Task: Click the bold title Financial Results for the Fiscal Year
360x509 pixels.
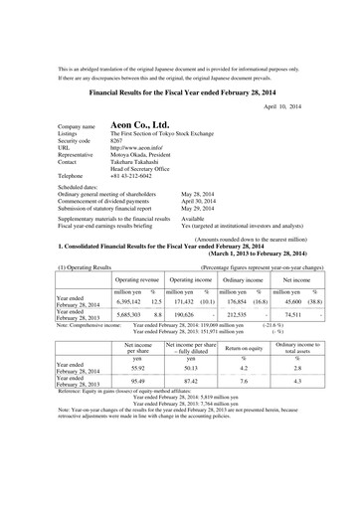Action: coord(180,87)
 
